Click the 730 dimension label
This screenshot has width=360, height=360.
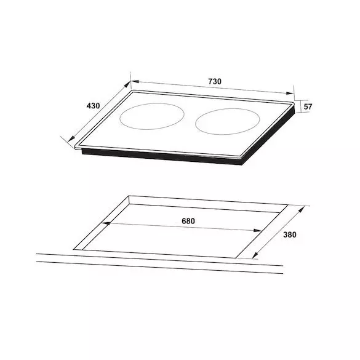click(x=215, y=81)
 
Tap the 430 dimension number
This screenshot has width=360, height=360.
click(x=93, y=106)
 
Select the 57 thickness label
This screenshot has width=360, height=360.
click(x=308, y=106)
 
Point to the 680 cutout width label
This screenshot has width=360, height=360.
click(x=188, y=221)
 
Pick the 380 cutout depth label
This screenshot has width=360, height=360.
click(x=290, y=234)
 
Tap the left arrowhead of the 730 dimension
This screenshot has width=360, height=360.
click(x=135, y=81)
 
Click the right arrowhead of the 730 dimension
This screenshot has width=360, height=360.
click(x=290, y=93)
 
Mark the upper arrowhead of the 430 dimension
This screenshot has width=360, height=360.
click(x=127, y=84)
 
